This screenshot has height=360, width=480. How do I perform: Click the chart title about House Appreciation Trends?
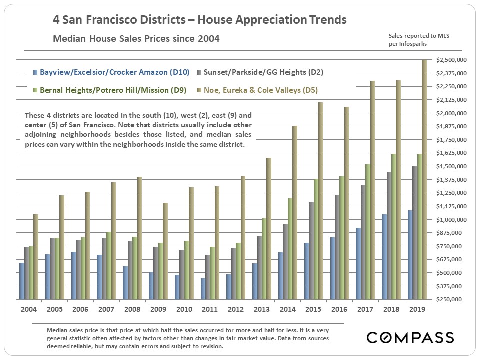click(x=200, y=21)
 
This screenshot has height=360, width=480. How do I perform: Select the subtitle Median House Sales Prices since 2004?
click(x=136, y=39)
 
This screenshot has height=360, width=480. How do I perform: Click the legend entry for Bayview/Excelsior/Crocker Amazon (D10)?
click(x=114, y=72)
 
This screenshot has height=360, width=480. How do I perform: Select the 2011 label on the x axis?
click(x=210, y=309)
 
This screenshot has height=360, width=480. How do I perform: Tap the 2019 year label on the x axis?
click(x=417, y=309)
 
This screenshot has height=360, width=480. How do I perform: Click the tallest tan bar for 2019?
click(x=424, y=180)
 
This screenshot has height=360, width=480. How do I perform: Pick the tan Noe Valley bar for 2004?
click(x=35, y=257)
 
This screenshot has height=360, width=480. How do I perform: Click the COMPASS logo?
click(x=410, y=338)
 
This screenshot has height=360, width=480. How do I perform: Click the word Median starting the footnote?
click(x=57, y=330)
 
